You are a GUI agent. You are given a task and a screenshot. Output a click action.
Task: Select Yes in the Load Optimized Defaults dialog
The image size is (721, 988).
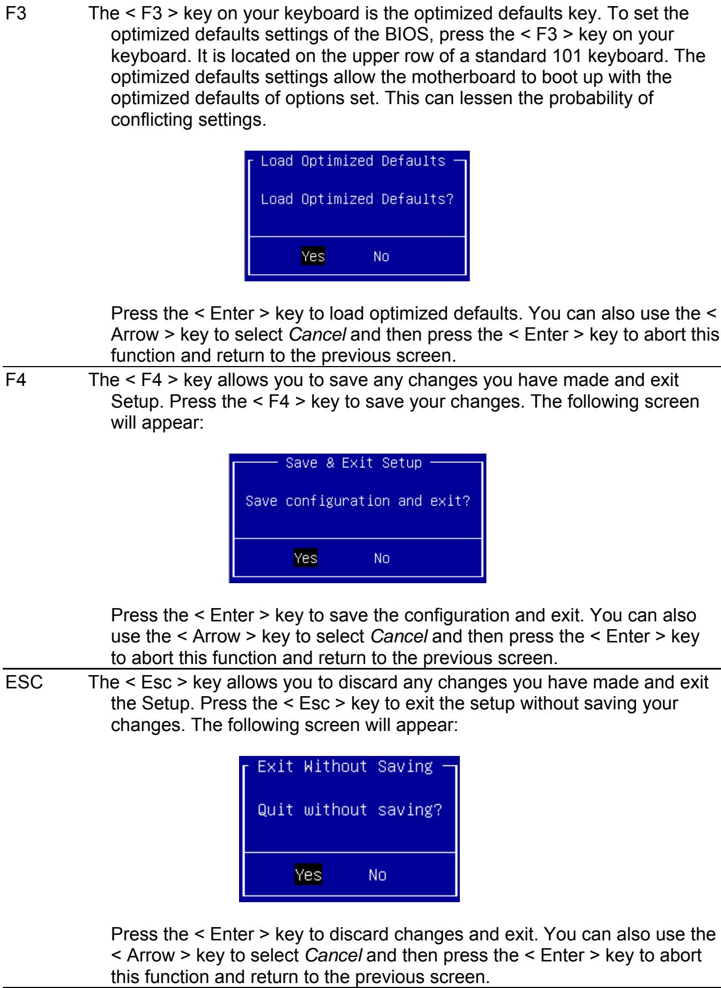(313, 256)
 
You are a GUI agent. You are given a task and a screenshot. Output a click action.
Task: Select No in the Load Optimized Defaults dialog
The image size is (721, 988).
(381, 256)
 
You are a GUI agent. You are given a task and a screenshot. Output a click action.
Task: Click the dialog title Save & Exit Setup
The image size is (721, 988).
(355, 462)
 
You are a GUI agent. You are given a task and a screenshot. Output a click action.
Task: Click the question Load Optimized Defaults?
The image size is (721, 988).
(357, 199)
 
